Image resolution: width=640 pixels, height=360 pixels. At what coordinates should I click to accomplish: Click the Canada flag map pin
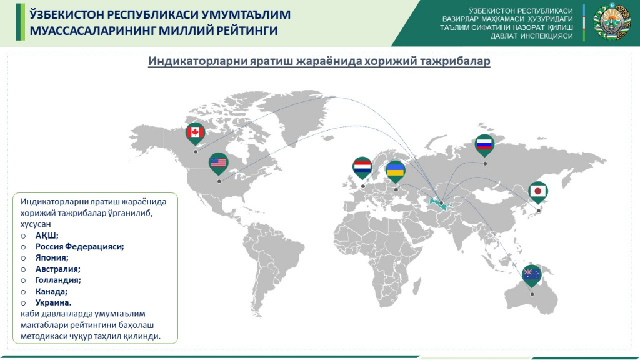[196, 132]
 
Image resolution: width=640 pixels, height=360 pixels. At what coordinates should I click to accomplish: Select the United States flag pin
[218, 163]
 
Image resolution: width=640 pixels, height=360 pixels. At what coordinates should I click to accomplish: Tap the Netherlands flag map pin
[362, 167]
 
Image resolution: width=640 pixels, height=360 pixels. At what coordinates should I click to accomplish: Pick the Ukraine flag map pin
[395, 171]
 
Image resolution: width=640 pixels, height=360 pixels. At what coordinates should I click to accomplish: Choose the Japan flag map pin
[538, 191]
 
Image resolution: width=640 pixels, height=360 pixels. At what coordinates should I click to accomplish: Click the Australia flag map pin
[532, 274]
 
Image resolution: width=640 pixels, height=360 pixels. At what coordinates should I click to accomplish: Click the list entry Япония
[52, 257]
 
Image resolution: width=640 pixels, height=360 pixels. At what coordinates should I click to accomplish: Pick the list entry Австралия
[58, 269]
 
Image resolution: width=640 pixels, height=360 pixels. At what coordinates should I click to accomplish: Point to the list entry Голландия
[58, 280]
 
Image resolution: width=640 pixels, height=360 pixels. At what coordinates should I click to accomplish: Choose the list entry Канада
[51, 291]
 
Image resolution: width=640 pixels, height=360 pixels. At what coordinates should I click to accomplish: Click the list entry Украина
[54, 302]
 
